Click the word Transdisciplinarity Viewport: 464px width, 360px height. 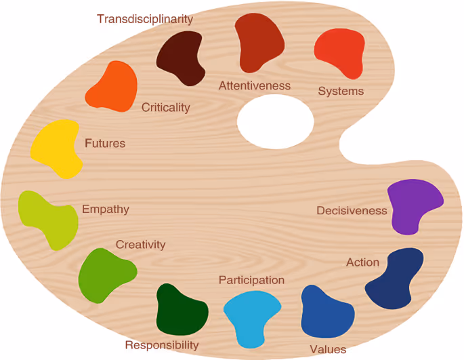coord(145,19)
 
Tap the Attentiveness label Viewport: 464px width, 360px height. coord(254,86)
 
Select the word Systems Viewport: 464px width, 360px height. coord(341,92)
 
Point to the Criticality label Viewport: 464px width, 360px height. coord(166,108)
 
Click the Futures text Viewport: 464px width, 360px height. coord(105,144)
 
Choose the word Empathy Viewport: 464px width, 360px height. coord(106,209)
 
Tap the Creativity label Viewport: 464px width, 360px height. coord(140,245)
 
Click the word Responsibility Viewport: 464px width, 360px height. coord(162,345)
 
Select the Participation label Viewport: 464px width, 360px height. coord(251,280)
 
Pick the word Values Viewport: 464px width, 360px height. coord(328,350)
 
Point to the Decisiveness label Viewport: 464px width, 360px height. coord(352,211)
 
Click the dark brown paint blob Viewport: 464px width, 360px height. coord(181,59)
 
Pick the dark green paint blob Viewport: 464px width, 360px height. coord(181,311)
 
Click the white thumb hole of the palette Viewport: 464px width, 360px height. coord(275,121)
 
